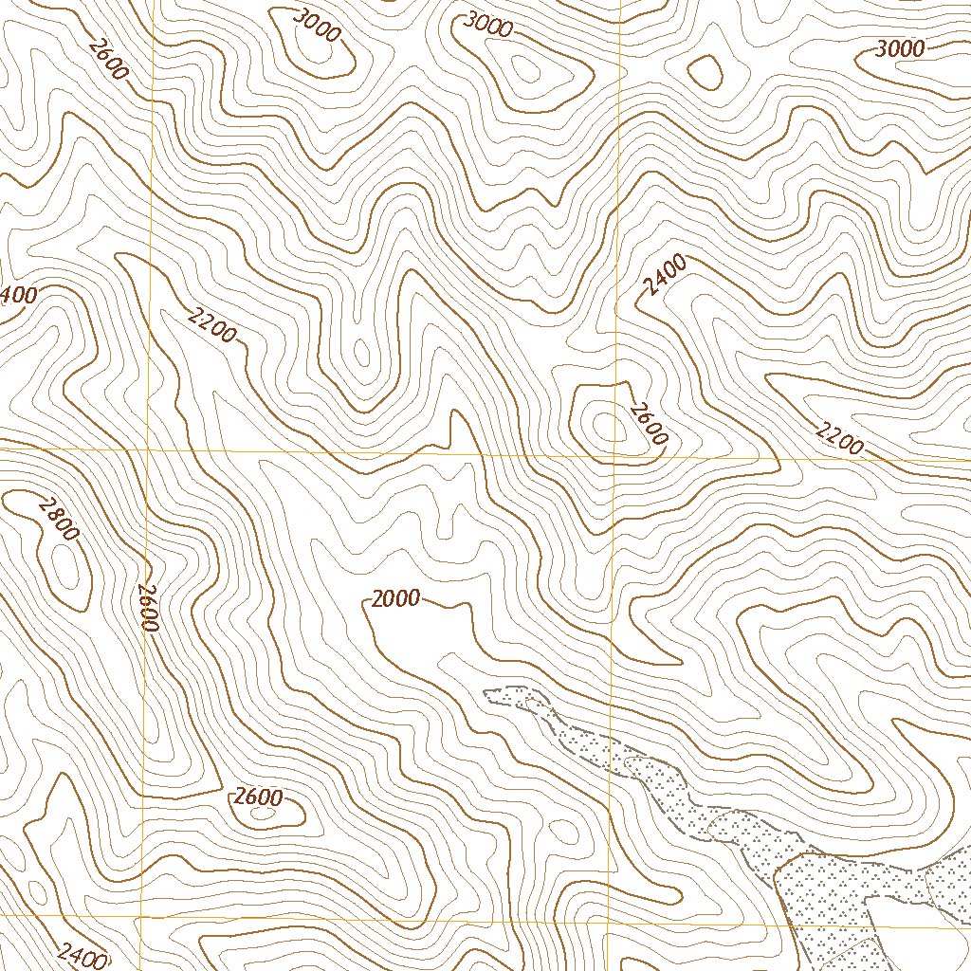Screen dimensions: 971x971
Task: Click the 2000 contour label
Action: tap(394, 598)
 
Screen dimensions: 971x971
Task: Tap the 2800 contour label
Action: tap(57, 519)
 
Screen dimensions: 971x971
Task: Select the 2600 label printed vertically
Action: tap(146, 607)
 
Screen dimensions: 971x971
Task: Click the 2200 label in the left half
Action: tap(211, 327)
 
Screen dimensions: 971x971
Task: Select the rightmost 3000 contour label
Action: tap(900, 49)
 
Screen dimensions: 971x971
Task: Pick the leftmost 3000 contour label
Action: tap(317, 26)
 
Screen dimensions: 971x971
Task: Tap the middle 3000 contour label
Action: tap(487, 26)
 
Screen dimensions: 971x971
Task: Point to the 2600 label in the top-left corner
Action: tap(107, 58)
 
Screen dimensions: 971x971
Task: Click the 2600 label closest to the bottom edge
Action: tap(258, 797)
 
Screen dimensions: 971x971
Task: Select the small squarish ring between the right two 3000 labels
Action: tap(704, 71)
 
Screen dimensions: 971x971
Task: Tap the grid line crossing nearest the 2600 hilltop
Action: tap(615, 456)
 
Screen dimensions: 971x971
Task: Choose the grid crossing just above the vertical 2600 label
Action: tap(148, 449)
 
